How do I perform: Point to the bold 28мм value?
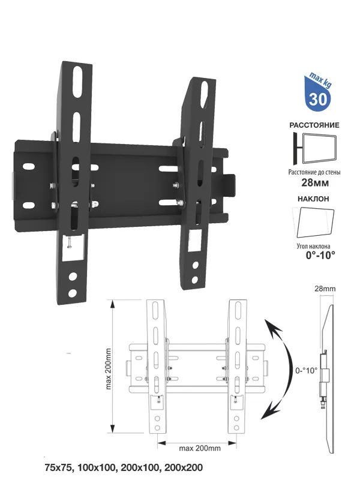point(314,184)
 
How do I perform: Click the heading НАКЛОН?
point(313,198)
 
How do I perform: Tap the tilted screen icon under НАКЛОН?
point(314,223)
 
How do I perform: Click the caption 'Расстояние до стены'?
point(314,172)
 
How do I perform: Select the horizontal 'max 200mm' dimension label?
point(198,448)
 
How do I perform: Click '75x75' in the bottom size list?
point(57,467)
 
